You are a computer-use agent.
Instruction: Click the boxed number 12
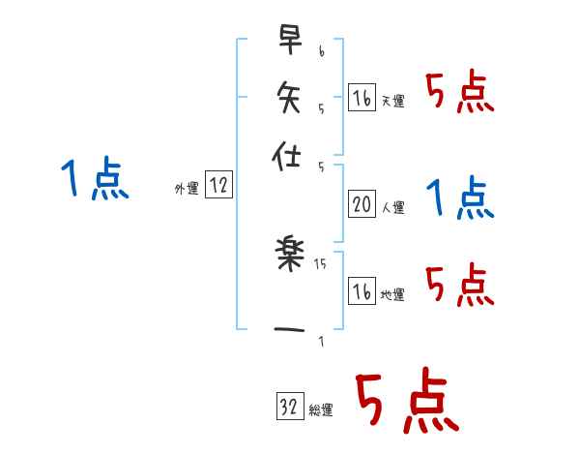(217, 187)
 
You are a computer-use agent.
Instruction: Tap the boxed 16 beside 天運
(362, 98)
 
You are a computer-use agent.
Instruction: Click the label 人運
(392, 207)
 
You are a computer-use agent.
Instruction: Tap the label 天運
(392, 101)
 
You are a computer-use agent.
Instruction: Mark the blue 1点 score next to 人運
(459, 198)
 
